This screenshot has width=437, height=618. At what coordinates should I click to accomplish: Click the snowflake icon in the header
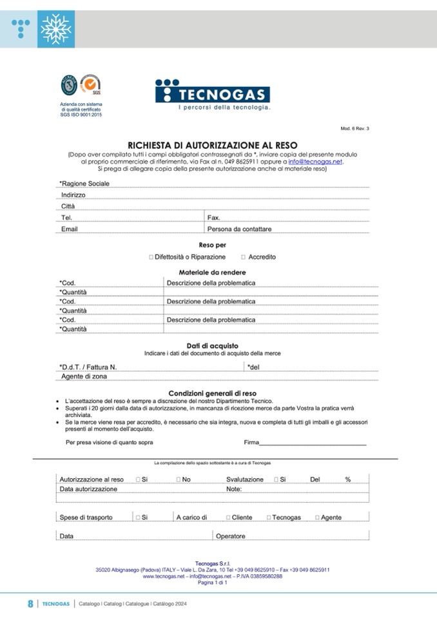point(56,29)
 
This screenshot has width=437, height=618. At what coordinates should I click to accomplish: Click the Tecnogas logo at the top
point(212,94)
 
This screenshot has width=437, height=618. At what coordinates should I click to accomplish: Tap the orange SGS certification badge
point(91,84)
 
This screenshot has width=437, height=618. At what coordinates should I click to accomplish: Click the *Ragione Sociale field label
point(84,184)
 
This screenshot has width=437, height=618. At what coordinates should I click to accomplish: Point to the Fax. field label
point(214,218)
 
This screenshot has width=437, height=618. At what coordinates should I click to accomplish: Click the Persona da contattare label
point(239,229)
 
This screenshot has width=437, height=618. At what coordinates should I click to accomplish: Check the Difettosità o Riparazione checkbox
point(151,257)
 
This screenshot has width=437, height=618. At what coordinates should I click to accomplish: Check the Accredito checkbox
point(242,257)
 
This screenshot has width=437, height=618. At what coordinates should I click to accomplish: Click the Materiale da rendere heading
point(212,273)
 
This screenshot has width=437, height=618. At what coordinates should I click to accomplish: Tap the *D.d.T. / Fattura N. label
point(88,367)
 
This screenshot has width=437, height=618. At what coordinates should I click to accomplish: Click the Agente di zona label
point(84,376)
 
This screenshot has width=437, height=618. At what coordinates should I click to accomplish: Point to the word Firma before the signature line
point(251,442)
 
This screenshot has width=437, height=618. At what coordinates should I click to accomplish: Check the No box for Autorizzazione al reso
point(178,480)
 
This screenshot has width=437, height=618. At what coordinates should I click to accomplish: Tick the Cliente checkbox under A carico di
point(228,517)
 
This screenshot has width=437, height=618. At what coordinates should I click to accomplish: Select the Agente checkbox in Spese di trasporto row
point(317,517)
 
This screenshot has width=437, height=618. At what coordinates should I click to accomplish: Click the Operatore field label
point(230,536)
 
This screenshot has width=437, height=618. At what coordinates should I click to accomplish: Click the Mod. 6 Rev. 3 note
point(354,129)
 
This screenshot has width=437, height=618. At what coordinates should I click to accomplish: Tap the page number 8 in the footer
point(30,604)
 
